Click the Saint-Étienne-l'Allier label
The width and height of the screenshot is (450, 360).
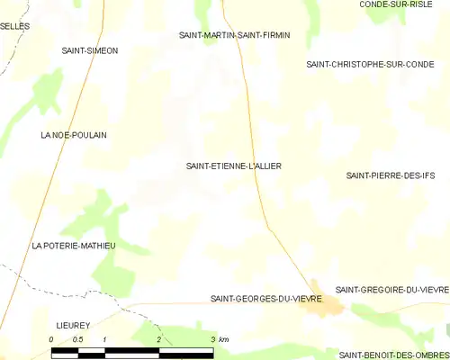[x=232, y=166]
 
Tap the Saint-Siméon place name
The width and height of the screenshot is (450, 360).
[x=89, y=50]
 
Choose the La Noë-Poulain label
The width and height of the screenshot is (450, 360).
[x=74, y=135]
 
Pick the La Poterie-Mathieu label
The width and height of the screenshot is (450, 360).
[x=74, y=245]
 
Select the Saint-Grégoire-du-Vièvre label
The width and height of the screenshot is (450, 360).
[x=391, y=290]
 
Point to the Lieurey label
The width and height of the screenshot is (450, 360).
[x=75, y=320]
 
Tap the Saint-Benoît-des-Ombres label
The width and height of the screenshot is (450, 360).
[x=393, y=355]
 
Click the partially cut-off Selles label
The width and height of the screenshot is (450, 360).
[x=14, y=26]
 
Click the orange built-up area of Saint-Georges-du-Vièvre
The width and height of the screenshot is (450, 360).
[x=325, y=310]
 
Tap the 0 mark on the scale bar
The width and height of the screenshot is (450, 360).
[x=51, y=338]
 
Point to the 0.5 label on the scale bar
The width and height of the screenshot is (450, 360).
[x=78, y=338]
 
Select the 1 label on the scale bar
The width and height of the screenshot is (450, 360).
[x=105, y=338]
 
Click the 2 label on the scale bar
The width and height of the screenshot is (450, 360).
[x=158, y=338]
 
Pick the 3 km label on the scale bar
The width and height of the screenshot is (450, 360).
[x=219, y=338]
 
